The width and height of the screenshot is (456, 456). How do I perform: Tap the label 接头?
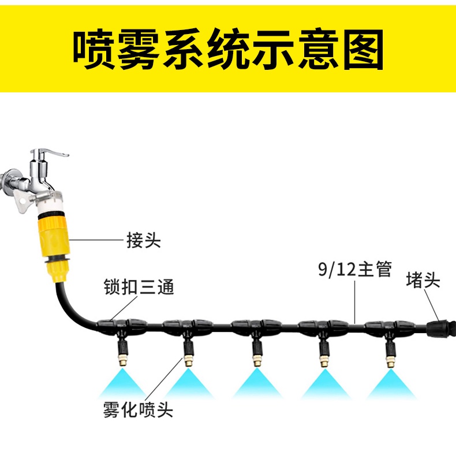143,240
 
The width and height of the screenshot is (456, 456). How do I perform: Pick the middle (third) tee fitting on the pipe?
253,326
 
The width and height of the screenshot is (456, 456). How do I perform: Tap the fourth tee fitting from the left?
320,327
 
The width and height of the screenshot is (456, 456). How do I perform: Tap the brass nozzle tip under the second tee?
188,361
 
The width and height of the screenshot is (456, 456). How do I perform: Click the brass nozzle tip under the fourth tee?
322,362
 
